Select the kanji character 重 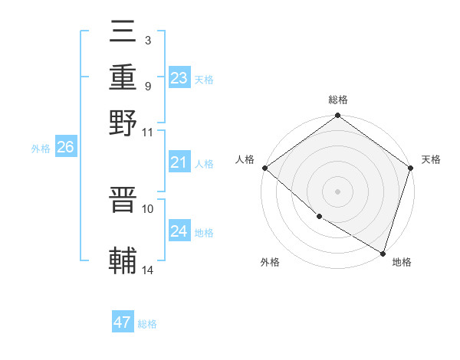coord(123,78)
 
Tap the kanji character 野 coord(123,122)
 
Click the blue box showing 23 coord(179,78)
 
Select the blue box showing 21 coord(179,162)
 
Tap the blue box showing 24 coord(179,231)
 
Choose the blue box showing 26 coord(65,148)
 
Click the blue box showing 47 coord(123,322)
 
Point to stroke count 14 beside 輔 coord(148,270)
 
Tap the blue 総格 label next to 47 coord(147,324)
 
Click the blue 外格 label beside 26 coord(41,149)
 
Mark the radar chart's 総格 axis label coord(337,100)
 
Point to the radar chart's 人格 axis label coord(245,159)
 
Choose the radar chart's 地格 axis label coord(402,262)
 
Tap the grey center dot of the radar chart coord(337,191)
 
